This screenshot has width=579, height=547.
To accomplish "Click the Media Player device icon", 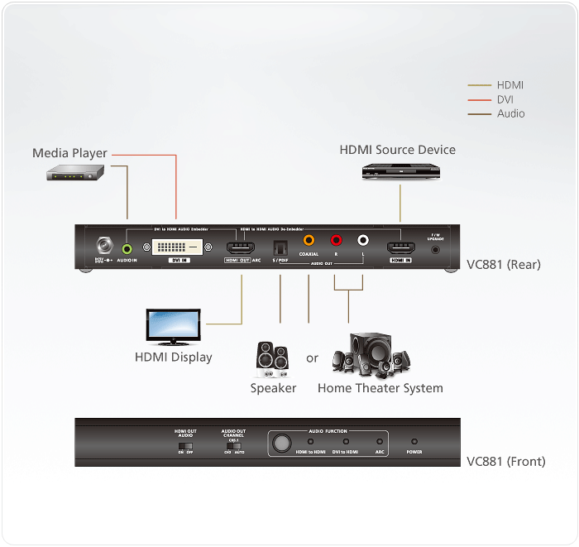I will coord(74,172).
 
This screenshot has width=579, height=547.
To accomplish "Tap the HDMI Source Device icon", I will coord(400,170).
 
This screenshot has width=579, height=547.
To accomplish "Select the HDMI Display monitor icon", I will coord(172,327).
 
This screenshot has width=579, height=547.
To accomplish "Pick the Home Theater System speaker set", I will coord(371,355).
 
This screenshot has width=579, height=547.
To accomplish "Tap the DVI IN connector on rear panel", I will coord(177,247).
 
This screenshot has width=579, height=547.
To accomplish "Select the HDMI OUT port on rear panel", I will coord(240,247).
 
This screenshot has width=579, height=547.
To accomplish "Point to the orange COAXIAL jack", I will coord(309,242).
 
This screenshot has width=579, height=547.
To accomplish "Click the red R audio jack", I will coord(336,242).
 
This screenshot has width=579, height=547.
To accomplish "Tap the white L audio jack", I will coord(362,242).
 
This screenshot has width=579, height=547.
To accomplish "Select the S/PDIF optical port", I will coord(280,246).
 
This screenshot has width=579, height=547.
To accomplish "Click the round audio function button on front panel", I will coord(282,444).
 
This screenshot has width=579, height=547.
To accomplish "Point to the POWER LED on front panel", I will coord(414,443).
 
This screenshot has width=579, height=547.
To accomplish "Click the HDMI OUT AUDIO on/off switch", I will coord(184,447).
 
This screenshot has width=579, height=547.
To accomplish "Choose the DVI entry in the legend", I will coord(505,99).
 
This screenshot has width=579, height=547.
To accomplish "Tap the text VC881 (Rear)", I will coord(505,265).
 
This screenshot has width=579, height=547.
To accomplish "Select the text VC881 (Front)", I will coord(506,462).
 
